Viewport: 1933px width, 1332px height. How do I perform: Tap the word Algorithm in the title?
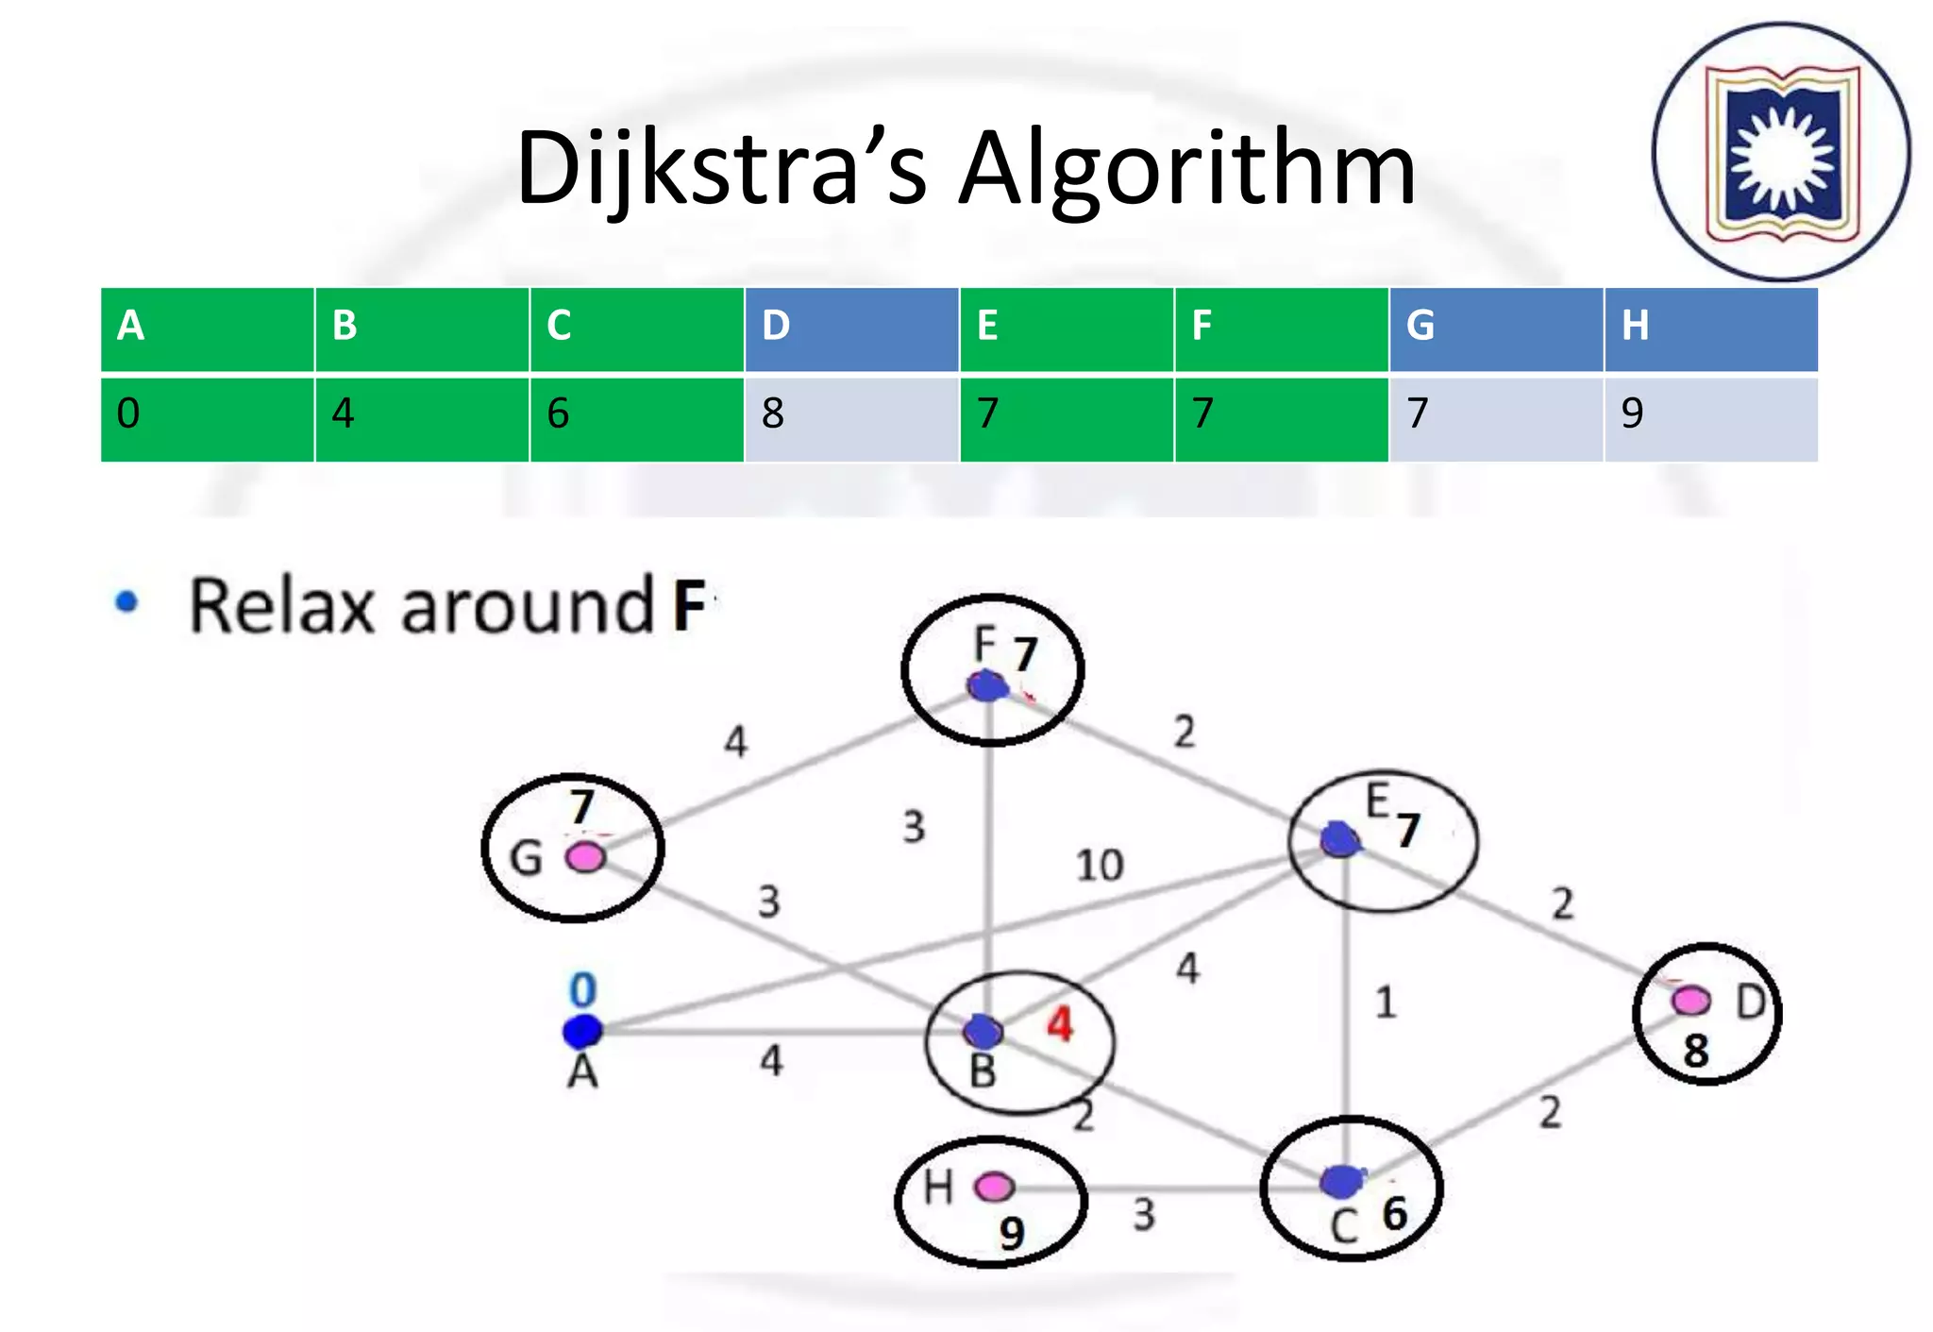1187,170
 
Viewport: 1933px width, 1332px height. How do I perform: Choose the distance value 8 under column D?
773,413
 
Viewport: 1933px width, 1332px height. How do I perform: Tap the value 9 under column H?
1632,413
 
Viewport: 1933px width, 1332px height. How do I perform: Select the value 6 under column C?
558,413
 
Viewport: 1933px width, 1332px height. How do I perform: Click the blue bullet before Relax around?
126,601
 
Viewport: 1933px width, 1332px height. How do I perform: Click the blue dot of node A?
581,1031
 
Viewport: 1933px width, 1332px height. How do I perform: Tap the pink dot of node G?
585,857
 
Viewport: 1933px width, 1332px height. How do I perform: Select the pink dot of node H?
993,1186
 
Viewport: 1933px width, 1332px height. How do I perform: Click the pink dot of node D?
1689,1000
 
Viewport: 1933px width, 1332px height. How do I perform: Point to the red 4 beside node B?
1060,1024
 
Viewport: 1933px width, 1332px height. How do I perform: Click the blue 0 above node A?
582,989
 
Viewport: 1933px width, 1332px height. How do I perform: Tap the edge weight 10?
1100,865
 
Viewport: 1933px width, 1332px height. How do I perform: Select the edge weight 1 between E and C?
1385,1002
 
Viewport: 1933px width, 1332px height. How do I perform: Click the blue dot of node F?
986,686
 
